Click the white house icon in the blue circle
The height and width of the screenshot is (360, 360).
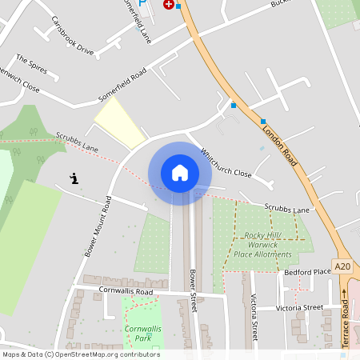click(180, 172)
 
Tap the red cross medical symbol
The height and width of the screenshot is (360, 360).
click(168, 4)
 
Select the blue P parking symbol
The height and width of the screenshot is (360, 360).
click(142, 3)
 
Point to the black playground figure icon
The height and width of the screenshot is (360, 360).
click(74, 179)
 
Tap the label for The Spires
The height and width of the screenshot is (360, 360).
click(32, 62)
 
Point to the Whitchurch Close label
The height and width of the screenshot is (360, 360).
click(226, 163)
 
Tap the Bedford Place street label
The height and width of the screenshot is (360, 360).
click(307, 273)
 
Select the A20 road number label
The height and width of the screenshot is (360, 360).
click(342, 266)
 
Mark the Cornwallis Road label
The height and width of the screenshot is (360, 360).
click(126, 290)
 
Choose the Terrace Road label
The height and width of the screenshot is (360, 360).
click(345, 317)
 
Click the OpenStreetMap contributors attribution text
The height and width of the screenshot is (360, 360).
click(80, 354)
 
